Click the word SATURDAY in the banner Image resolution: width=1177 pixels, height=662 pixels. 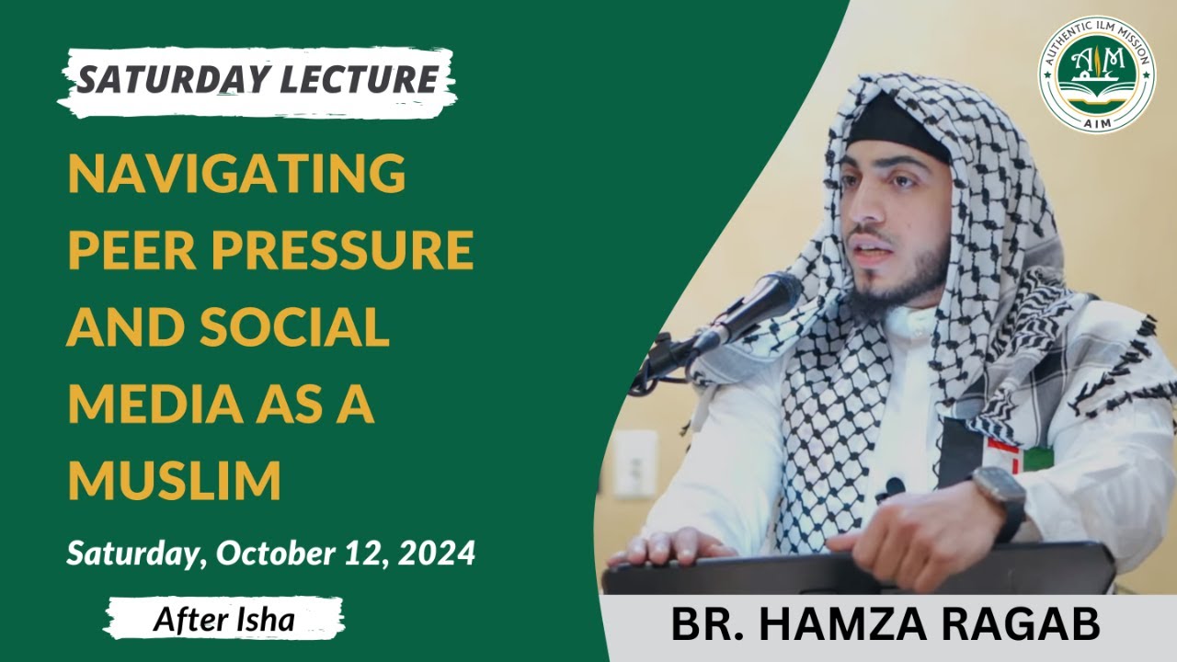coord(164,80)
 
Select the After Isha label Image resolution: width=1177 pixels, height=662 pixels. coord(223,619)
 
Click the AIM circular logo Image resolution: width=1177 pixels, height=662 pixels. coord(1096,74)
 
